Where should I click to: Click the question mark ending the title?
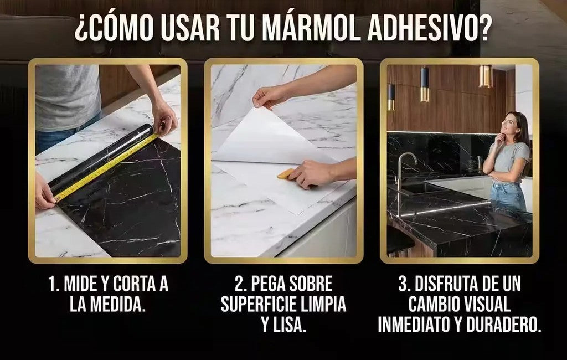(482, 28)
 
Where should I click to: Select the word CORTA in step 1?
(133, 284)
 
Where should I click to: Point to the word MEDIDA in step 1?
(117, 305)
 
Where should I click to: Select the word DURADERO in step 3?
(504, 325)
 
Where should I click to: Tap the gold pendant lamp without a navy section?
(485, 76)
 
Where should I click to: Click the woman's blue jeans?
(508, 196)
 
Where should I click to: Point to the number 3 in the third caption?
(403, 284)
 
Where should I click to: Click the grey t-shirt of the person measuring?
(67, 97)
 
